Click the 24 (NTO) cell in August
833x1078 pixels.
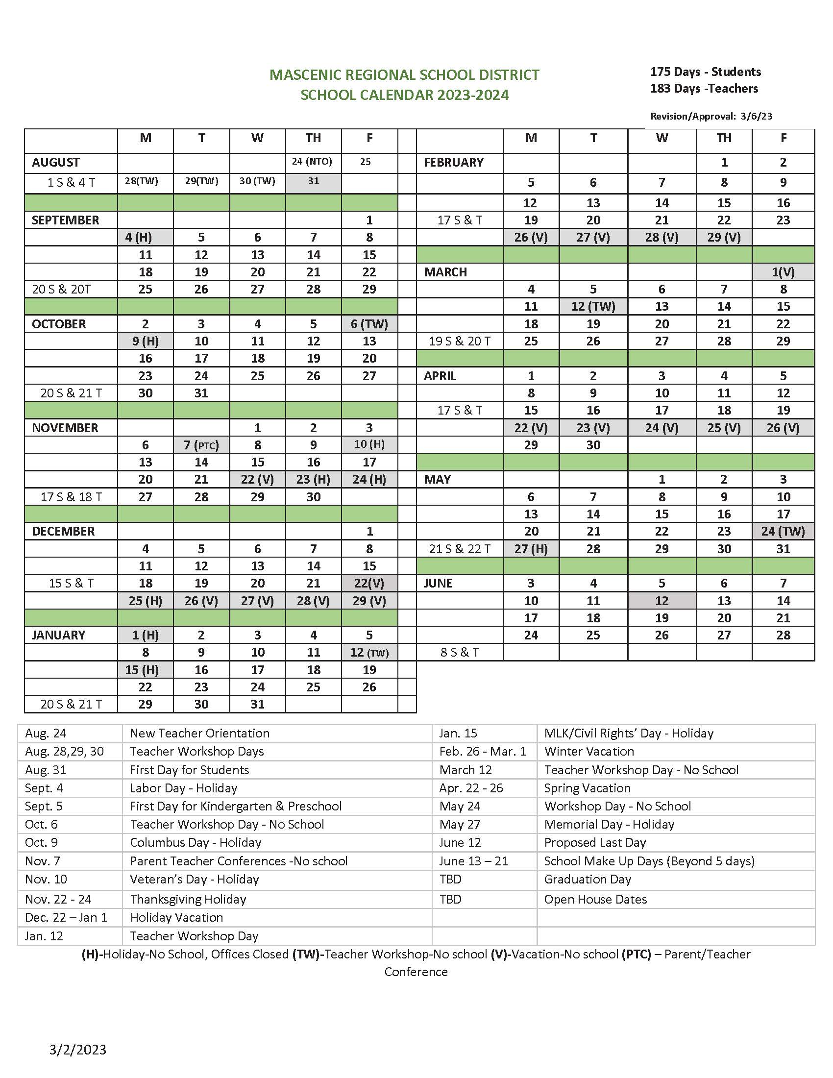pyautogui.click(x=313, y=161)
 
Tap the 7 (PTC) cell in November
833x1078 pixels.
pyautogui.click(x=201, y=445)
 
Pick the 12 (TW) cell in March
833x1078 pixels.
pyautogui.click(x=593, y=307)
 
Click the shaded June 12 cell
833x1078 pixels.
pyautogui.click(x=661, y=601)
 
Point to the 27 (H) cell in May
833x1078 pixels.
pyautogui.click(x=531, y=549)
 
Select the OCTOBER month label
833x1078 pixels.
pyautogui.click(x=59, y=324)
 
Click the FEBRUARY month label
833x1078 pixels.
pyautogui.click(x=453, y=162)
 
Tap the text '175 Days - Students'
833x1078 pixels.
pyautogui.click(x=705, y=72)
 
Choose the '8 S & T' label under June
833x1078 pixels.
pyautogui.click(x=459, y=653)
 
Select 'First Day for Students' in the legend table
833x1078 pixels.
pyautogui.click(x=189, y=770)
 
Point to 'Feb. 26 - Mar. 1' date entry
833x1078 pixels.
pyautogui.click(x=482, y=751)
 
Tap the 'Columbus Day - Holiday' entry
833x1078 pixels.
pyautogui.click(x=196, y=843)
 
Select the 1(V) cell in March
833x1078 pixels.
pyautogui.click(x=783, y=272)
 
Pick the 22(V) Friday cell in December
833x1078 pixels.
pyautogui.click(x=368, y=584)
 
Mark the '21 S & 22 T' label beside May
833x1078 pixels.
pyautogui.click(x=460, y=549)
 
